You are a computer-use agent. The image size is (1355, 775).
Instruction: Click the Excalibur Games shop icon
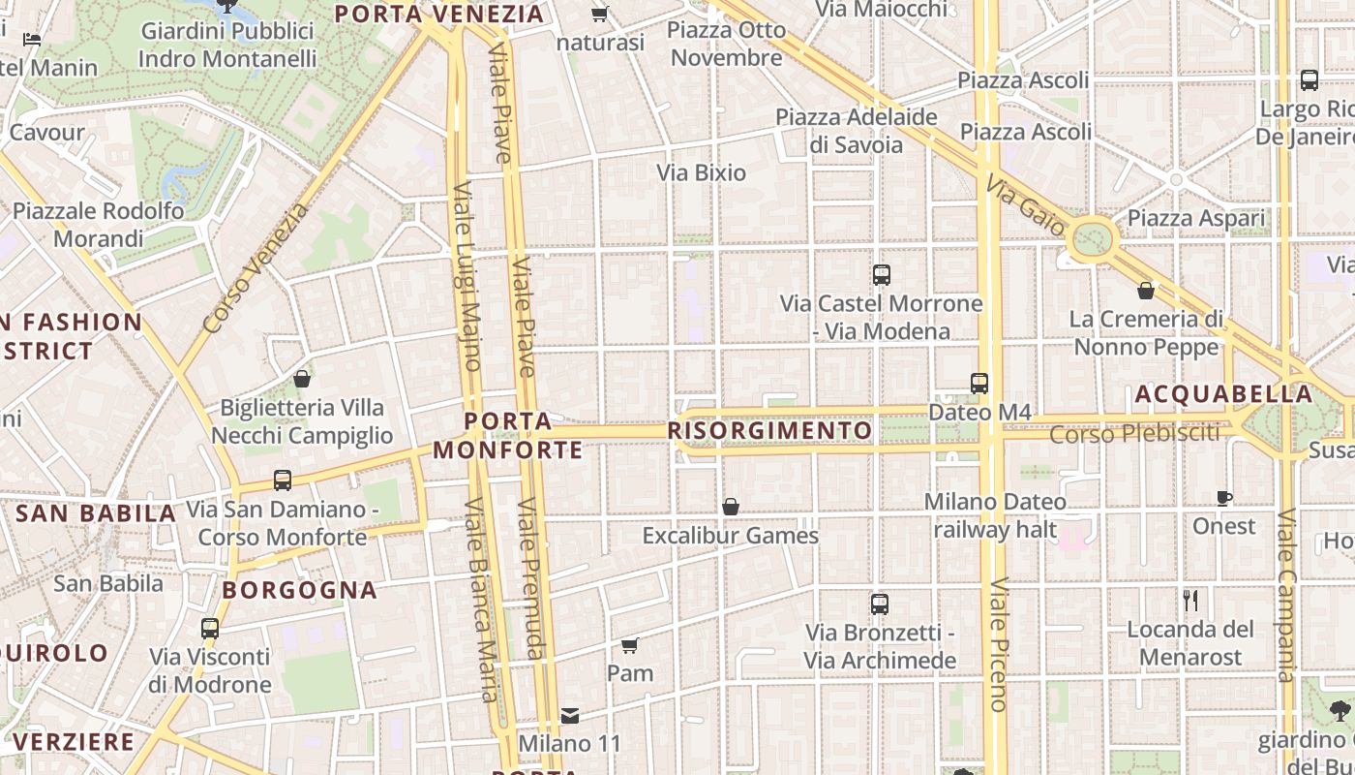[731, 507]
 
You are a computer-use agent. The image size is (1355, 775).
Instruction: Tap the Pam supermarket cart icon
[629, 645]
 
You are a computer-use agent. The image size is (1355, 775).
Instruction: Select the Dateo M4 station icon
[979, 384]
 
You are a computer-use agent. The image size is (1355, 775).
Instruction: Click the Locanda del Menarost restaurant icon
[1190, 601]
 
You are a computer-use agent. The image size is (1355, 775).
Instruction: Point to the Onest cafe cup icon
[1224, 498]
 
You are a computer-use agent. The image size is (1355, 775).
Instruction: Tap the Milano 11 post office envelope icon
[570, 715]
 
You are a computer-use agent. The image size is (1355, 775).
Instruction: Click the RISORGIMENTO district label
[769, 430]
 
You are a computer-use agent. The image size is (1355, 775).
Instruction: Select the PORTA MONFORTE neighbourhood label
[508, 435]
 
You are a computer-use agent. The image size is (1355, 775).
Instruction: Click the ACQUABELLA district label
[1223, 394]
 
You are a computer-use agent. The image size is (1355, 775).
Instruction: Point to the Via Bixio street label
[702, 173]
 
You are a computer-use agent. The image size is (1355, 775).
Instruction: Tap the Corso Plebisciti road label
[1134, 433]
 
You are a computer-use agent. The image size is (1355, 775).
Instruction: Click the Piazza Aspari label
[1196, 219]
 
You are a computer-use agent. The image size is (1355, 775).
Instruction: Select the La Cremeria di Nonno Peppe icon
[1146, 291]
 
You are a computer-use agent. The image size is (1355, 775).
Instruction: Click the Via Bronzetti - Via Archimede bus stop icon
[880, 604]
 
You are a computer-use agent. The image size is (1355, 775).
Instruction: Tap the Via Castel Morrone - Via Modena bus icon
[881, 275]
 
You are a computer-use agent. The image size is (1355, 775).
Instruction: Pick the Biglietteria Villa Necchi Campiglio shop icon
[302, 379]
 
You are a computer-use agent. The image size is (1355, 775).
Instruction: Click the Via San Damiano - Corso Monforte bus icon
[283, 480]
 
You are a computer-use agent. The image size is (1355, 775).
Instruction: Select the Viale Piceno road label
[998, 644]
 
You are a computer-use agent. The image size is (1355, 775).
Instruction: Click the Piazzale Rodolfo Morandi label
[98, 225]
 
